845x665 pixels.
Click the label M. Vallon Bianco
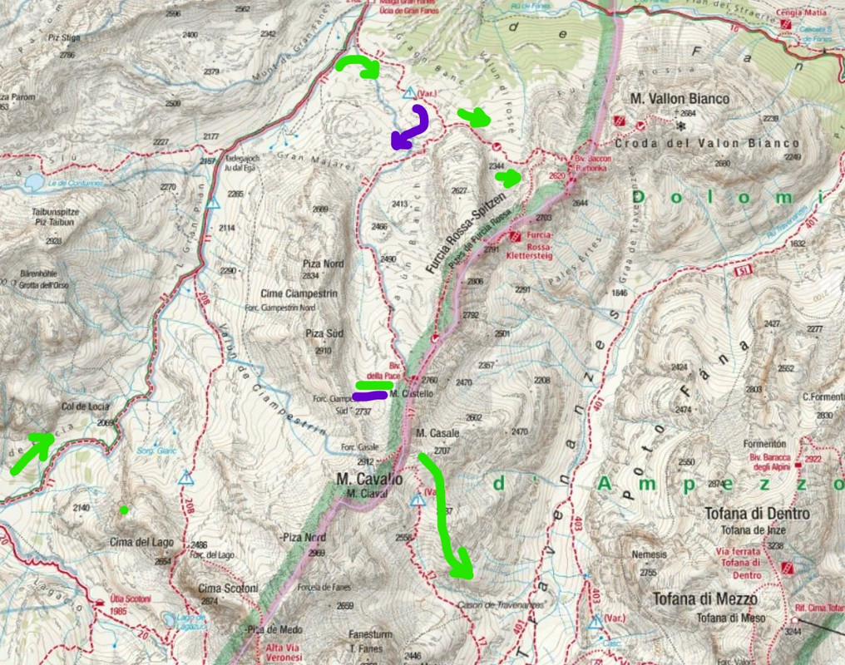tap(679, 99)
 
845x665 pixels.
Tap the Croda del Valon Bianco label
tap(722, 142)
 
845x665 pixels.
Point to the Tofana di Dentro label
tap(756, 514)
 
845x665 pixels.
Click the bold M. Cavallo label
tap(369, 480)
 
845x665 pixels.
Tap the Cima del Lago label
tap(141, 543)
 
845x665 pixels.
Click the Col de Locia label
tap(86, 406)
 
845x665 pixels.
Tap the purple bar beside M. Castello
tap(369, 396)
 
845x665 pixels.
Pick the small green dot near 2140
tap(124, 510)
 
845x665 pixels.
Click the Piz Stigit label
tap(63, 38)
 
